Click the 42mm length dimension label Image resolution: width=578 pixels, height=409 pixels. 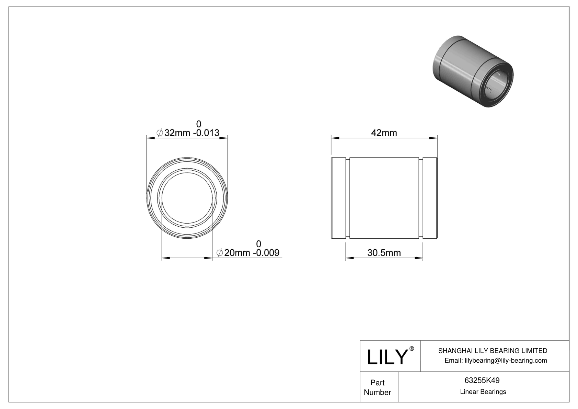click(384, 133)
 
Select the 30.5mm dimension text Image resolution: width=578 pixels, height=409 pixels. click(384, 253)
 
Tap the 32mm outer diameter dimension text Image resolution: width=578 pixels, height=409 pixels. click(192, 133)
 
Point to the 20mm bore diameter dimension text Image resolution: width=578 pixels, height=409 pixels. click(251, 253)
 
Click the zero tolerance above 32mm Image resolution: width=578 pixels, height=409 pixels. click(198, 124)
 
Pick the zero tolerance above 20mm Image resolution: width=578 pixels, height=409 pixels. click(258, 244)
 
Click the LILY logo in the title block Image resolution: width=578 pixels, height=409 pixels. click(387, 357)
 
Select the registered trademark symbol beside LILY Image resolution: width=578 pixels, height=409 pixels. click(412, 349)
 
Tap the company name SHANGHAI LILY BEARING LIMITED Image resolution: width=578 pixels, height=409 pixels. click(493, 351)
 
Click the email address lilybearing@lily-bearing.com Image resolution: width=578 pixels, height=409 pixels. click(496, 360)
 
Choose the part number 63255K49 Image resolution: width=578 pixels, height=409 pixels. click(482, 380)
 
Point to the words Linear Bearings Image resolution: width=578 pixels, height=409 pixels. click(483, 392)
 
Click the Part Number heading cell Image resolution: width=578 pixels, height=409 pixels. click(378, 387)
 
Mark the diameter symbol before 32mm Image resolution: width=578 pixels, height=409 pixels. click(160, 133)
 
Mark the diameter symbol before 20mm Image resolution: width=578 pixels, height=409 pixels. click(220, 253)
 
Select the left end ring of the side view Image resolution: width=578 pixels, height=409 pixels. click(338, 198)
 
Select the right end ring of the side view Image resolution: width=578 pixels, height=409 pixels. click(430, 198)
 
